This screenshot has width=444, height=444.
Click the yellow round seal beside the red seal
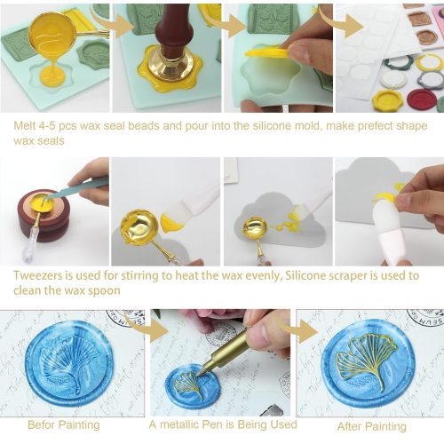[x=388, y=99]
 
